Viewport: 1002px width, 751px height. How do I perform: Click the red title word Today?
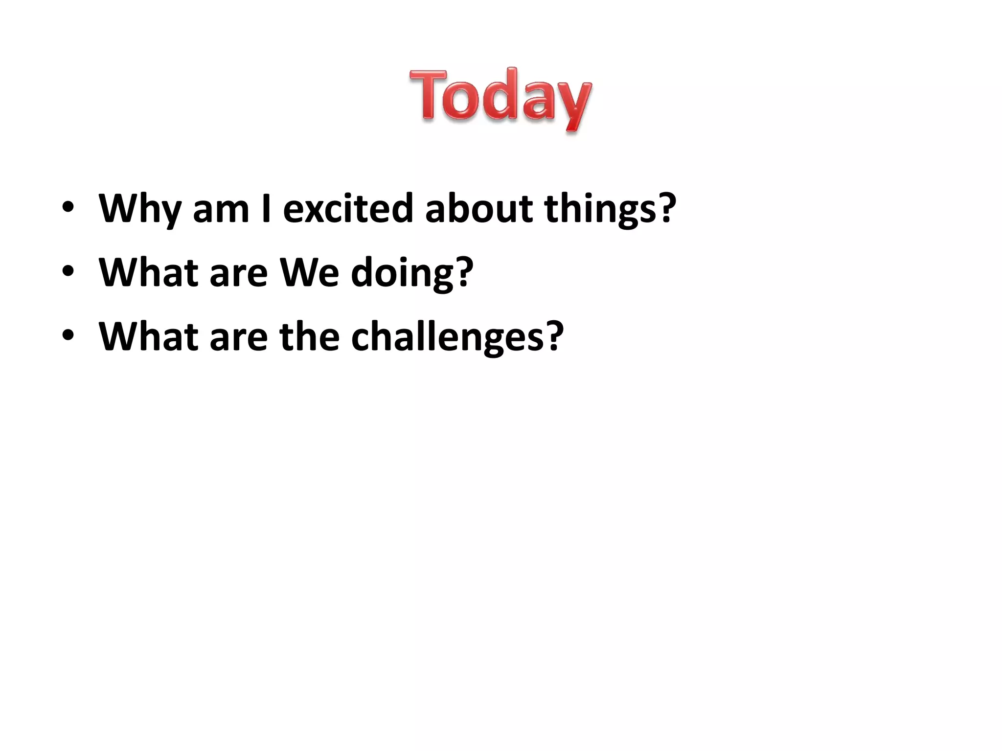click(500, 98)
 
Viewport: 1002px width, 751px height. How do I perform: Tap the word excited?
click(348, 209)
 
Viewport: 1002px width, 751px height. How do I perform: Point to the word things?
click(600, 209)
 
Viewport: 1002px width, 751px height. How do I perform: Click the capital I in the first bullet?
click(267, 209)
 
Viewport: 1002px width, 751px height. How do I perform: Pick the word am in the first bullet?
click(221, 209)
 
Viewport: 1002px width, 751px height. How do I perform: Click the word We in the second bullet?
click(309, 273)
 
